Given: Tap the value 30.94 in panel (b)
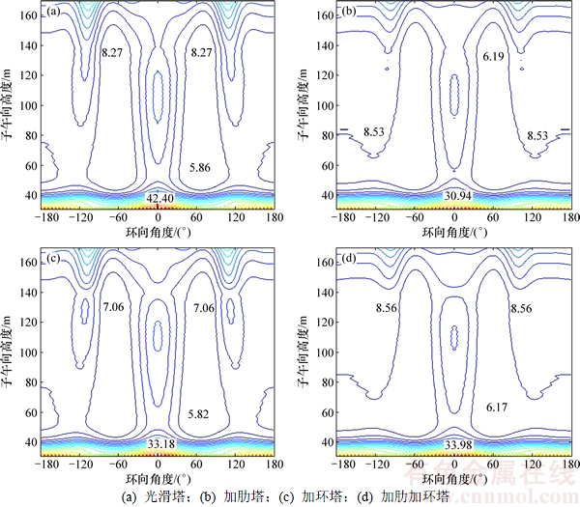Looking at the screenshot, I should click(x=454, y=197).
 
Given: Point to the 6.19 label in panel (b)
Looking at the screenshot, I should click(x=493, y=58).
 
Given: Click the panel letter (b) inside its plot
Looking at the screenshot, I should click(x=350, y=13).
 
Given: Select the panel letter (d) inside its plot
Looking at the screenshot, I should click(x=350, y=260).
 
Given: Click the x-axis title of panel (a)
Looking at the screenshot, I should click(x=159, y=234).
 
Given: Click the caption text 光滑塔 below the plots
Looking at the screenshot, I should click(x=159, y=497).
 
